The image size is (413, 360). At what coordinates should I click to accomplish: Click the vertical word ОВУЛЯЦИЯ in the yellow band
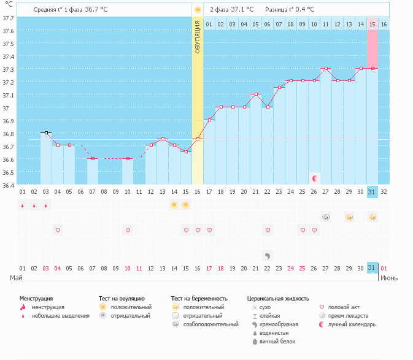click(x=198, y=37)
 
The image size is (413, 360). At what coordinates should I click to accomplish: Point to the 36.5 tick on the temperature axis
click(x=8, y=172)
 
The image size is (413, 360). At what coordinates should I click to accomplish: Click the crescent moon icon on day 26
click(x=315, y=178)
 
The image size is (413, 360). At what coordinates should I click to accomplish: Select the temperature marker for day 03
click(x=46, y=132)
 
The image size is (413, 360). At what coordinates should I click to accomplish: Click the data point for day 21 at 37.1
click(x=256, y=94)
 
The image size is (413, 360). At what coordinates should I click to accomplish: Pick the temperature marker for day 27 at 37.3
click(x=326, y=69)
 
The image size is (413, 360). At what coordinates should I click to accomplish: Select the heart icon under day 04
click(x=58, y=230)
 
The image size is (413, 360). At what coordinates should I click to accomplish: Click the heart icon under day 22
click(x=268, y=230)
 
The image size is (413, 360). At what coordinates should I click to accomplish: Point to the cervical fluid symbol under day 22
click(x=268, y=255)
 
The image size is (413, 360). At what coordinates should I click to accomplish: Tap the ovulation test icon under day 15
click(x=186, y=205)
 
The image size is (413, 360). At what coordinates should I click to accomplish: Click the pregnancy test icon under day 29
click(x=349, y=217)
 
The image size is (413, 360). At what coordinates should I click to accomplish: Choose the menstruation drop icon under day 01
click(x=23, y=205)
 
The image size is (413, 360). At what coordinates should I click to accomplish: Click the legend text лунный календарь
click(x=352, y=324)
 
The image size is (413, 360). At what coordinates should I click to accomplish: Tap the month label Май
click(x=17, y=278)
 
